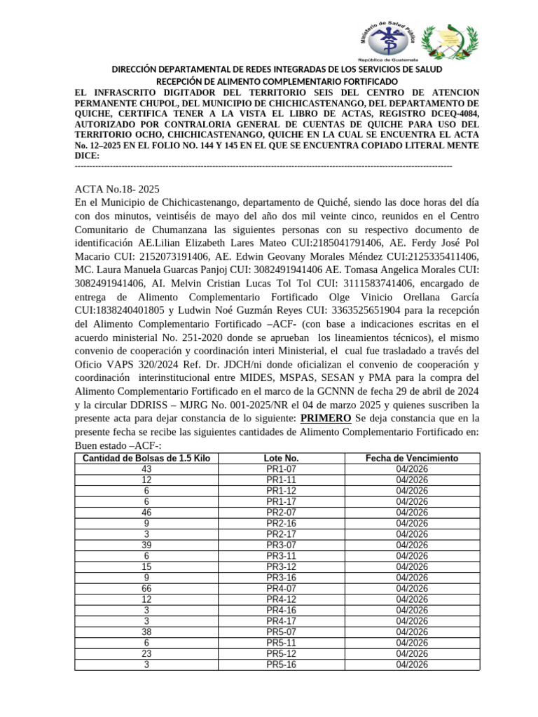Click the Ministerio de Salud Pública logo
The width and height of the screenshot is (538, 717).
click(388, 40)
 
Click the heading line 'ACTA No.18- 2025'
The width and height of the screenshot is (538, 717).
click(118, 189)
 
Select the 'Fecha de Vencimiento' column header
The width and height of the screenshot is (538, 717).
click(412, 458)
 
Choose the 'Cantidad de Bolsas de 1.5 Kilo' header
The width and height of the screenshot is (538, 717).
click(146, 458)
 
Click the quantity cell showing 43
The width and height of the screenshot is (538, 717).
click(146, 469)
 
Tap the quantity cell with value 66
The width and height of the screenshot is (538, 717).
click(146, 589)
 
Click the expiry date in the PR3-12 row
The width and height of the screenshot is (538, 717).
click(412, 567)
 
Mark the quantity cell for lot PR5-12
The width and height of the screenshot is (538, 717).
click(146, 654)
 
